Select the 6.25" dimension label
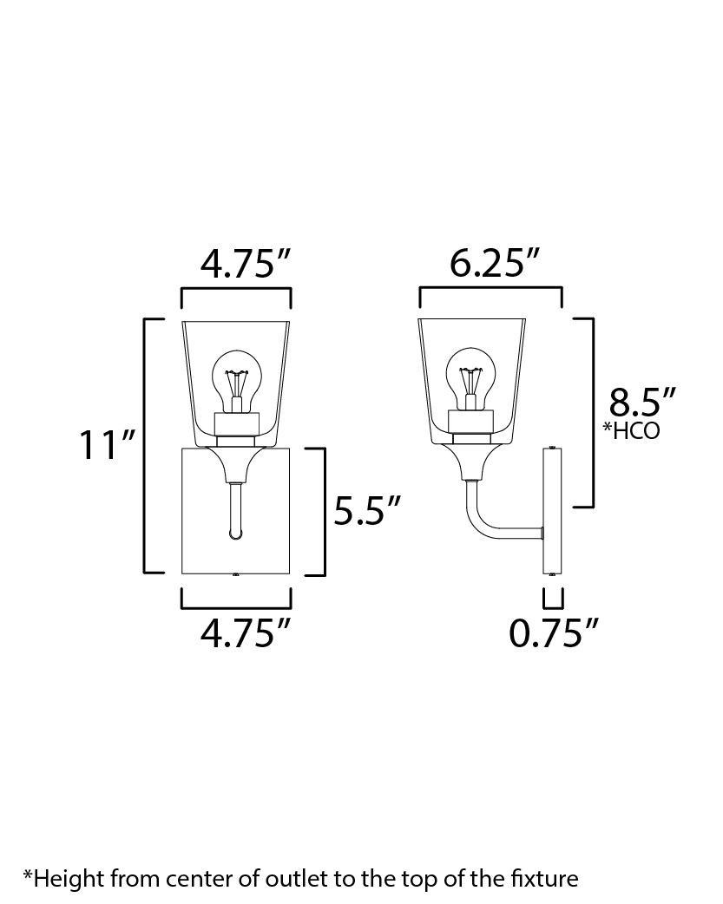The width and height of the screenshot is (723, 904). point(494,263)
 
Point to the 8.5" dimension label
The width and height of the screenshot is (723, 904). point(641,402)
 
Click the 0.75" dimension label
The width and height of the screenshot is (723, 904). point(554,632)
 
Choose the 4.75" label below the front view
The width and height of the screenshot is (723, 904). point(246,632)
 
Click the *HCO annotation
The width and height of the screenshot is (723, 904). point(631,430)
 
